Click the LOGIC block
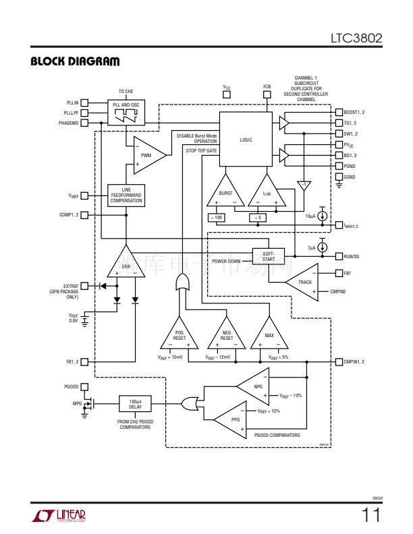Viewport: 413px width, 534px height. (246, 140)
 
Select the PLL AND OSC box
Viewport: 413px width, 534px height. (126, 112)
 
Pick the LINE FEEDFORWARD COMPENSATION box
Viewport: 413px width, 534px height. (126, 196)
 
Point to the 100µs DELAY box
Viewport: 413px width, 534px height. (134, 404)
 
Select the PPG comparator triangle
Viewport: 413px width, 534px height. (233, 419)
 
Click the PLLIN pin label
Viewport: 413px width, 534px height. (71, 102)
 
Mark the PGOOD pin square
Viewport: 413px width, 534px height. (86, 387)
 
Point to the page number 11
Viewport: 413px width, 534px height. (371, 516)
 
